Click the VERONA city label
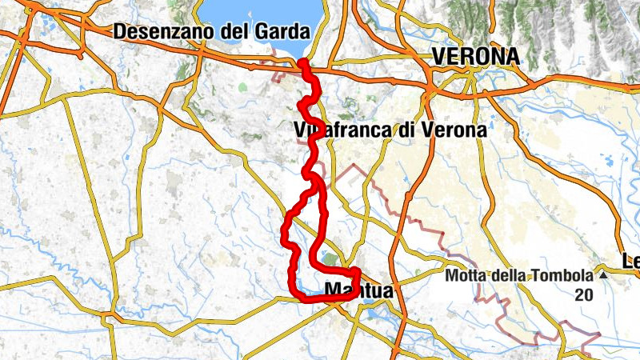coord(475,56)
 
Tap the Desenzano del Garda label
coord(211,33)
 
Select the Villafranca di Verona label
coord(390,130)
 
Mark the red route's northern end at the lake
coord(302,62)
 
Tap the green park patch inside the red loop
coord(330,259)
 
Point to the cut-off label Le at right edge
coord(631,261)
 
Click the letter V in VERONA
coord(438,56)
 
